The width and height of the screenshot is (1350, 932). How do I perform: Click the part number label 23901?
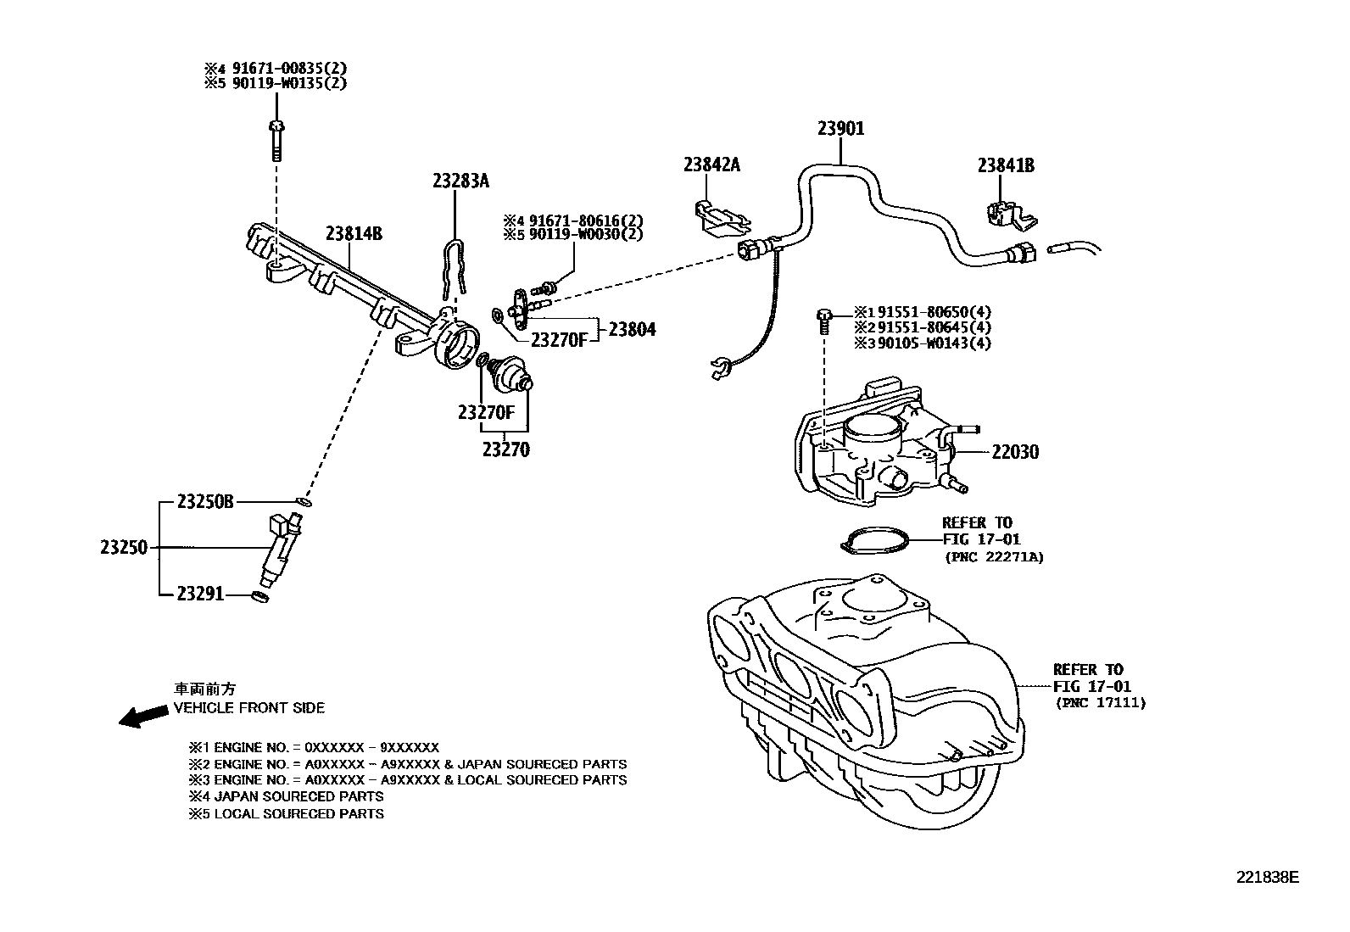coord(840,129)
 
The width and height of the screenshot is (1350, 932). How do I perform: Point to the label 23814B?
coord(354,234)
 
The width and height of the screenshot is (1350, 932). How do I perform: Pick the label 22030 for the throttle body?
coord(1015,452)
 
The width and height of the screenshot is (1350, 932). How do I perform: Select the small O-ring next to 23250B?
coord(304,502)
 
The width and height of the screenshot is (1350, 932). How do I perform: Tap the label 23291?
coord(200,594)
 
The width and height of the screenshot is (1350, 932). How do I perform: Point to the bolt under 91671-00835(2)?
coord(275,141)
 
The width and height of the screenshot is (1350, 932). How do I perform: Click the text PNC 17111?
coord(1100,703)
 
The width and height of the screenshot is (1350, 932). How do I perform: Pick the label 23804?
coord(632,330)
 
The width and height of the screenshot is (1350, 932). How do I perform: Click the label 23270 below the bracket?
coord(505,450)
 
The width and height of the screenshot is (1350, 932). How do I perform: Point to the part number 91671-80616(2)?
coord(585,219)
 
